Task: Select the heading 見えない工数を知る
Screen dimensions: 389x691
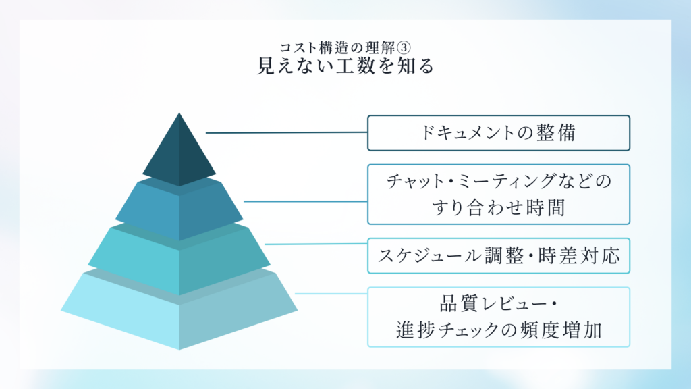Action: click(345, 67)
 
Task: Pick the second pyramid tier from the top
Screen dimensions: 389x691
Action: click(179, 211)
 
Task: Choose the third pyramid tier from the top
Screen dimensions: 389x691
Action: click(179, 260)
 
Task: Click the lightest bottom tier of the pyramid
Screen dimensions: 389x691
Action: click(179, 311)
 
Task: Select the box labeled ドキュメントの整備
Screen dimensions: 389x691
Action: click(498, 133)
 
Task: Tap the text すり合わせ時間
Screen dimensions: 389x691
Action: click(498, 208)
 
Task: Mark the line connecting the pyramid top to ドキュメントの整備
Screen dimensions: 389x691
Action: click(286, 133)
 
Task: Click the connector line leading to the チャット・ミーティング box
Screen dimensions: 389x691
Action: click(305, 201)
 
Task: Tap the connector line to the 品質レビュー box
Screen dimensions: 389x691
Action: click(331, 294)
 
